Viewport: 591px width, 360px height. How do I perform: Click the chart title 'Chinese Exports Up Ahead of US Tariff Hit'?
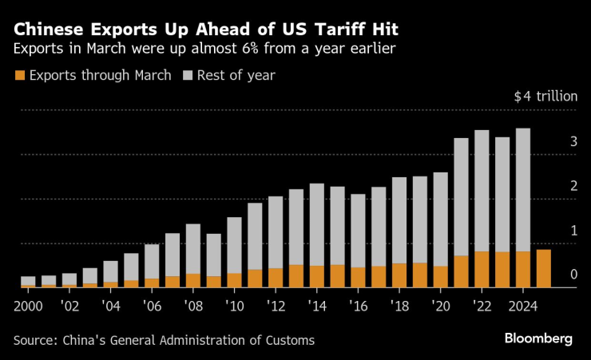[206, 30]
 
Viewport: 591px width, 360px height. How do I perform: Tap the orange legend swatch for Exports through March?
[19, 76]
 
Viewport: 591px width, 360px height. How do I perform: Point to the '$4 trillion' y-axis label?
[545, 97]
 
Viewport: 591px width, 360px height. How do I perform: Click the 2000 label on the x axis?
[27, 306]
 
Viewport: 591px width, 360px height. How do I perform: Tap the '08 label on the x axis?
[192, 306]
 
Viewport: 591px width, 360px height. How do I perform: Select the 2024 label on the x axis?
[522, 306]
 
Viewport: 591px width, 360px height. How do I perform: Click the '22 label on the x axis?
[482, 306]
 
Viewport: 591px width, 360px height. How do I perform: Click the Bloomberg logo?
[538, 339]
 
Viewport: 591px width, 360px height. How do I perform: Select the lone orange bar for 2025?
[543, 268]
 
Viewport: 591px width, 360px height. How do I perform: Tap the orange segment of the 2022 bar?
[482, 269]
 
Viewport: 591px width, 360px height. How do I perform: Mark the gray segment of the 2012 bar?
[275, 232]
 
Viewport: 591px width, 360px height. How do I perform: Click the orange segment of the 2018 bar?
[399, 275]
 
